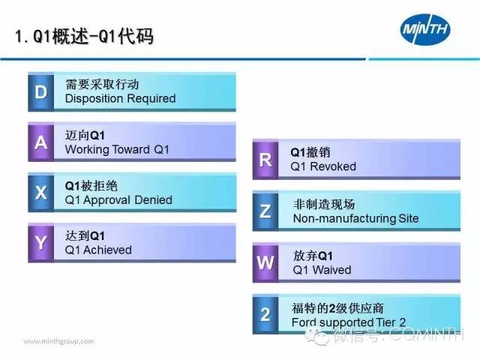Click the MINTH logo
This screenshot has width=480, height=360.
tap(425, 29)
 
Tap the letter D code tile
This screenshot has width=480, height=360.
tap(41, 91)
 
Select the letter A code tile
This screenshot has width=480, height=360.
tap(41, 142)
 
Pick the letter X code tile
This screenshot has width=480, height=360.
tap(41, 193)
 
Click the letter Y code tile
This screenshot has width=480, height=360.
tap(41, 243)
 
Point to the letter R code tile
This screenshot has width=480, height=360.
tap(265, 160)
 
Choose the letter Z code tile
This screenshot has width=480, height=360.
tap(265, 211)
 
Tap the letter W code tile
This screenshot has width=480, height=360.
tap(265, 262)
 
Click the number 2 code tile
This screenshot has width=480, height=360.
tap(265, 314)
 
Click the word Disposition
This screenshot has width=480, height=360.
tap(94, 99)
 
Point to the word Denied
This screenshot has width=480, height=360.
tap(153, 200)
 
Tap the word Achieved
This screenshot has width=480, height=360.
tap(107, 250)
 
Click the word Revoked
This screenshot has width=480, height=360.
tap(333, 166)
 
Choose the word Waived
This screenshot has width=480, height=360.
tap(331, 270)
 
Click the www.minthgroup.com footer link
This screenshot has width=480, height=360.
tap(58, 341)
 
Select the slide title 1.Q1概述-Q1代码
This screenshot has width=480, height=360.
tap(85, 37)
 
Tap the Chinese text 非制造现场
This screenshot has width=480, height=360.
tap(324, 204)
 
